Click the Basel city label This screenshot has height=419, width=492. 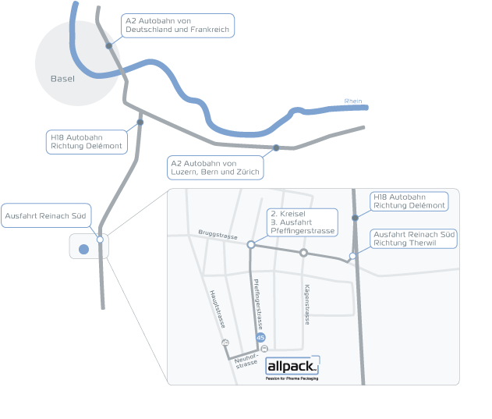tap(62, 79)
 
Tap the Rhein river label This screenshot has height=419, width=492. tap(353, 101)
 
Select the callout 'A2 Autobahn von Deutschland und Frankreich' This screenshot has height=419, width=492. tap(178, 25)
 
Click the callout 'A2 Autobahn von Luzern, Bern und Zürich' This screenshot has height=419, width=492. tap(214, 167)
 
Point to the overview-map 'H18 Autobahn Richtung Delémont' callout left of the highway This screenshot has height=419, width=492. tap(87, 141)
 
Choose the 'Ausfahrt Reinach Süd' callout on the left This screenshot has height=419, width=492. tap(47, 215)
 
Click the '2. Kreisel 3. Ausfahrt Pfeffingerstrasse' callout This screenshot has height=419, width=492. tap(302, 222)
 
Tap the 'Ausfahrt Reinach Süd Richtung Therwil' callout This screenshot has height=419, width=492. tap(413, 239)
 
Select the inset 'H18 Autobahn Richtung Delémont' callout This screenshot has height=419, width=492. tap(409, 201)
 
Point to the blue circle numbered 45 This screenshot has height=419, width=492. tap(260, 337)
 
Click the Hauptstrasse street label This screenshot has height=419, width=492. tap(218, 309)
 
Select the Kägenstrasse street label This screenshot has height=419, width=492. tap(307, 304)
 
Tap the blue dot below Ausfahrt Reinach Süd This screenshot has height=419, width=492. tap(84, 250)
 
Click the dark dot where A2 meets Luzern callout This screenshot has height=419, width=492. tap(276, 147)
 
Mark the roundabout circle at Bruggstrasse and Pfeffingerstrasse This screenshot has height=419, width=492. tap(250, 244)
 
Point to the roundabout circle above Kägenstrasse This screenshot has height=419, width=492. tap(304, 252)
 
